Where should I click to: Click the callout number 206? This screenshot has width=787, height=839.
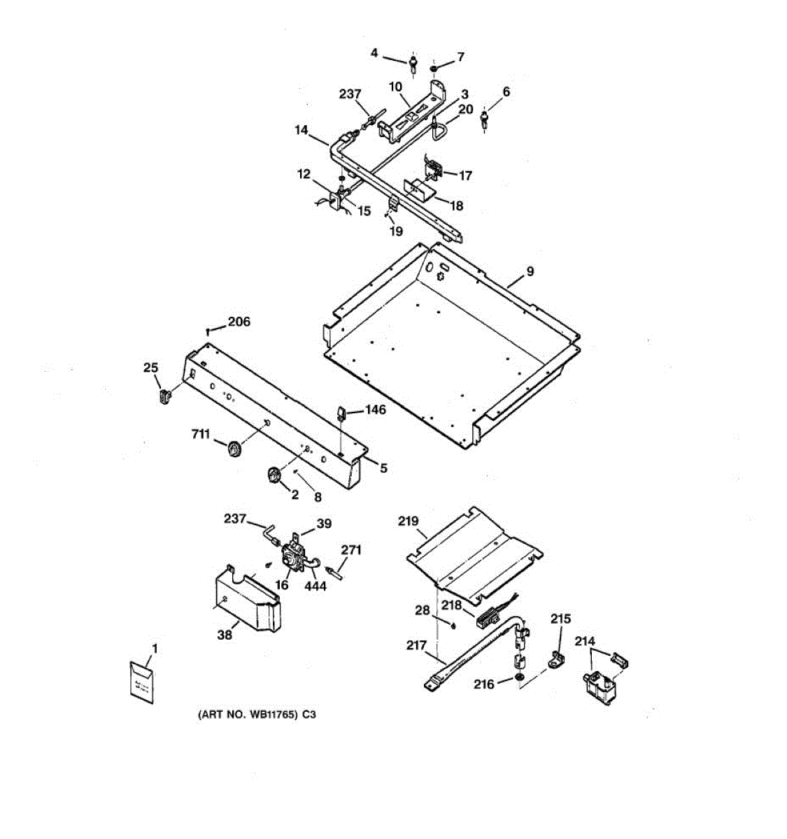click(x=239, y=322)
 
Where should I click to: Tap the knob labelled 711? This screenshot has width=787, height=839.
click(x=234, y=451)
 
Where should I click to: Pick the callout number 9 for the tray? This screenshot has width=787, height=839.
click(x=530, y=271)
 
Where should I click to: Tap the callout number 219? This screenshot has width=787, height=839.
click(x=408, y=521)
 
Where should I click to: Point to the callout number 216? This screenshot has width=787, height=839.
click(x=483, y=684)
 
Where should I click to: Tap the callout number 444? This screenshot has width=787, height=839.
click(x=315, y=586)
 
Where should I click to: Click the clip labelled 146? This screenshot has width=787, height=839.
click(x=341, y=414)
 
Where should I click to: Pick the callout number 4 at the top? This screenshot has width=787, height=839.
click(x=374, y=52)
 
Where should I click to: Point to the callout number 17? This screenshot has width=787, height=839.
click(x=465, y=176)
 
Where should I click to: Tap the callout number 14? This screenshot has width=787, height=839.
click(x=302, y=129)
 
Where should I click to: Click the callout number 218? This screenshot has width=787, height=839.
click(x=451, y=605)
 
